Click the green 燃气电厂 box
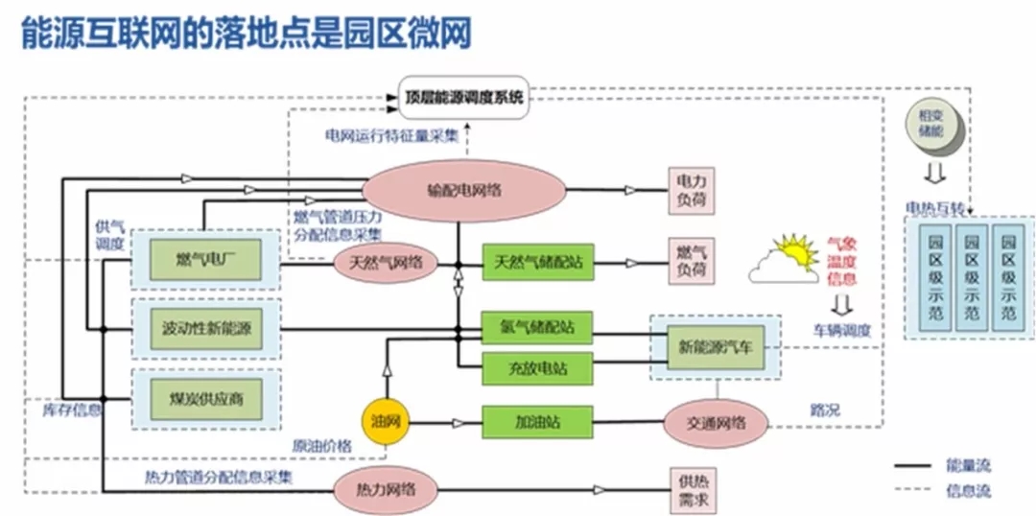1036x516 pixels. tap(205, 260)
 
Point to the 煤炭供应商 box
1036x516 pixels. tap(205, 398)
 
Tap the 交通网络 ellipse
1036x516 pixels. tap(716, 422)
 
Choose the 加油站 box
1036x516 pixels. tap(536, 422)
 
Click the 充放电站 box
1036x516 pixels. tap(536, 366)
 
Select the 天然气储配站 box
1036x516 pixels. tap(538, 261)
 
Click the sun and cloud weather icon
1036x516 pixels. tap(786, 260)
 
